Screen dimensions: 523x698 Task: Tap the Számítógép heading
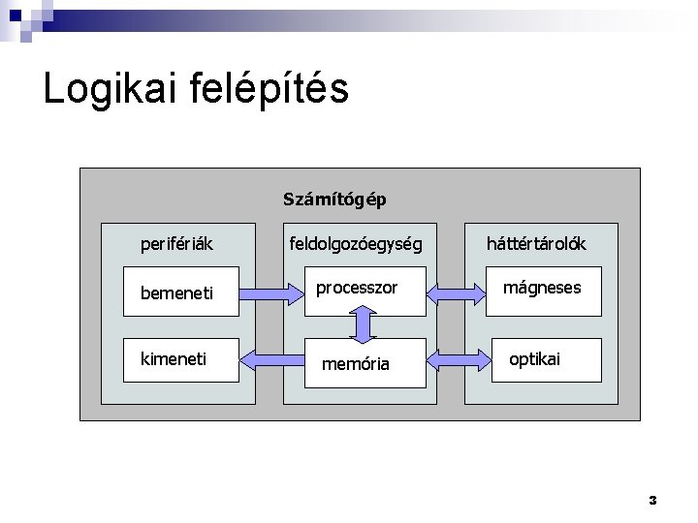(334, 200)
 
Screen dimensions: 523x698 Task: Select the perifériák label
(176, 243)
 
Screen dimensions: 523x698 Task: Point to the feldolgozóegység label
(356, 243)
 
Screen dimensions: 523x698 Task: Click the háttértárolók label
(535, 243)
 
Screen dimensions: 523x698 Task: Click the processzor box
(365, 291)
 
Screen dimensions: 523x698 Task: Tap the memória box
(365, 362)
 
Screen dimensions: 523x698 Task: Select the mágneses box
(547, 291)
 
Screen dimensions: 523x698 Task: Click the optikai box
(547, 361)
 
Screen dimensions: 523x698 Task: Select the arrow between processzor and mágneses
(456, 291)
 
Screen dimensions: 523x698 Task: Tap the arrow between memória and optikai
(456, 361)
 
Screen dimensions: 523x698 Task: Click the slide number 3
(652, 500)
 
